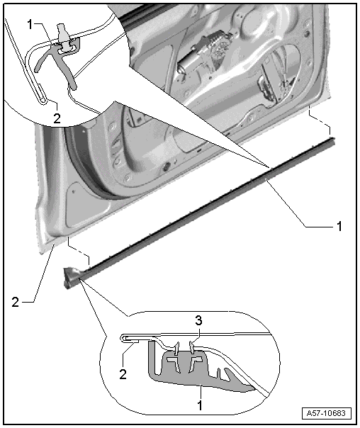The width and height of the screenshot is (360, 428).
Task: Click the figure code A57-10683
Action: (326, 413)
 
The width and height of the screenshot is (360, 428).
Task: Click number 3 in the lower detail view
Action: (198, 320)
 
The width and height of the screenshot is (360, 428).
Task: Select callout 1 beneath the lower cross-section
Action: (201, 405)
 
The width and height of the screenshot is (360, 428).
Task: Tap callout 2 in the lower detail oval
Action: (123, 374)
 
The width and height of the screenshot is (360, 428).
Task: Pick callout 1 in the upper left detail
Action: (30, 24)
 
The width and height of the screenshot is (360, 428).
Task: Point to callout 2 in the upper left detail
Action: (57, 118)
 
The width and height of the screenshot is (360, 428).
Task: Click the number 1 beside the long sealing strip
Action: (339, 226)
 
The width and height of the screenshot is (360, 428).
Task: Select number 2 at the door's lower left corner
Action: (16, 302)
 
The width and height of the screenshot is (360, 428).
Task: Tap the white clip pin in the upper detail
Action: (64, 38)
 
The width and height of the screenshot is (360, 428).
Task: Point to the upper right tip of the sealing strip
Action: (334, 140)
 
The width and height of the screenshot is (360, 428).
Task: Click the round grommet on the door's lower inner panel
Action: (165, 167)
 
